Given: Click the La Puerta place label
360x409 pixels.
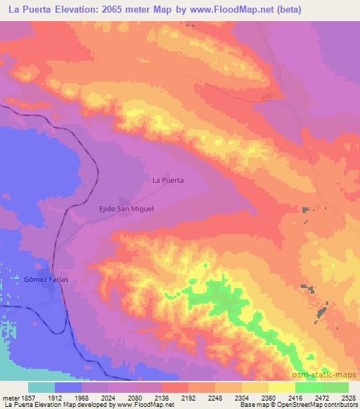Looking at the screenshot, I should pos(168,180).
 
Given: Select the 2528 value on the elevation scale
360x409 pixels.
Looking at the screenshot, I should pos(348,397).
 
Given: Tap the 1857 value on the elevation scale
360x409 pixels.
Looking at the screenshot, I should pos(29,397).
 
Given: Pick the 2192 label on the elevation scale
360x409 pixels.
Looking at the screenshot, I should pos(188,397).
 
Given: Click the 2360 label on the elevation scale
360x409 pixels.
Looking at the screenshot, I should pos(268,397).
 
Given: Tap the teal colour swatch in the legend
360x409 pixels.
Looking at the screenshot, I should pos(41,387).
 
